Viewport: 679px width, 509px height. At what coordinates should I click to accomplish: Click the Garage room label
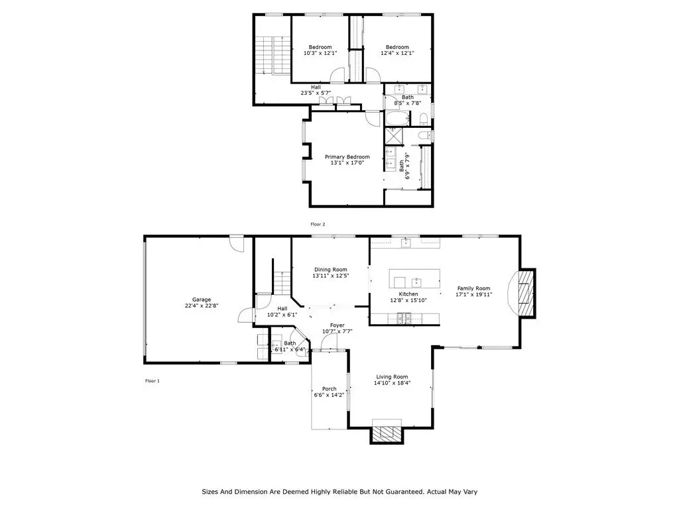point(202,300)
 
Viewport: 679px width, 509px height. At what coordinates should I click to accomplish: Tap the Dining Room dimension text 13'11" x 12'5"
point(331,276)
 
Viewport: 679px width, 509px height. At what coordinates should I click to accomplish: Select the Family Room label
point(473,288)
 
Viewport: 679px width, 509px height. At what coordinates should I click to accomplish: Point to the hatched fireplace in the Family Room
point(526,294)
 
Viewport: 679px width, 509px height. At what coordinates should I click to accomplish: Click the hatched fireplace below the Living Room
point(387,434)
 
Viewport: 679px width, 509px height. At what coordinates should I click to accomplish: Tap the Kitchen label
point(408,294)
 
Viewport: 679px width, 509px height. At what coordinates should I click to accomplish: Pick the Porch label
point(329,389)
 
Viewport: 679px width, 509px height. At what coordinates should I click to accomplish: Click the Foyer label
point(338,325)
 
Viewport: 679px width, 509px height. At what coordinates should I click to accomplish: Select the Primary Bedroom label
point(347,157)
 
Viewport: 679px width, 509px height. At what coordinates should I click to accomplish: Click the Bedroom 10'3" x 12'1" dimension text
point(320,53)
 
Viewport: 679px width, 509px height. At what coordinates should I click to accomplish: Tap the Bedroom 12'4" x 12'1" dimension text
point(397,53)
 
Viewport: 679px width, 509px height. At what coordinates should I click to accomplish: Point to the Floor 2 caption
point(318,224)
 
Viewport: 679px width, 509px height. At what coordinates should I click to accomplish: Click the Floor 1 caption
point(152,381)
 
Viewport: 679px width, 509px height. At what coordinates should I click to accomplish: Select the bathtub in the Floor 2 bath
point(397,118)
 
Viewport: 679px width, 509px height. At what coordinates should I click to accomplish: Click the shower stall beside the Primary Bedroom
point(394,135)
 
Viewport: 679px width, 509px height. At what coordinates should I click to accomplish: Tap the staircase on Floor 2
point(273,55)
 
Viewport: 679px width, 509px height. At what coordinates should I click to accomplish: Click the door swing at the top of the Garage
point(237,243)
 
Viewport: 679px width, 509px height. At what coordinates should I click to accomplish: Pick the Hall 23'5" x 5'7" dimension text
point(316,93)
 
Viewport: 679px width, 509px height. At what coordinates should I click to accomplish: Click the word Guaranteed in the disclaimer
point(404,492)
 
